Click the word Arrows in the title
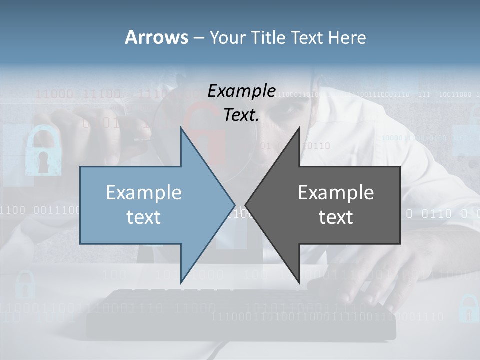click(x=157, y=37)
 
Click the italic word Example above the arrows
click(x=242, y=91)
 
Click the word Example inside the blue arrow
click(x=144, y=193)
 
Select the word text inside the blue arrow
click(x=144, y=217)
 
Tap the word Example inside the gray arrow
click(x=336, y=193)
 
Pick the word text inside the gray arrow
click(x=336, y=217)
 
